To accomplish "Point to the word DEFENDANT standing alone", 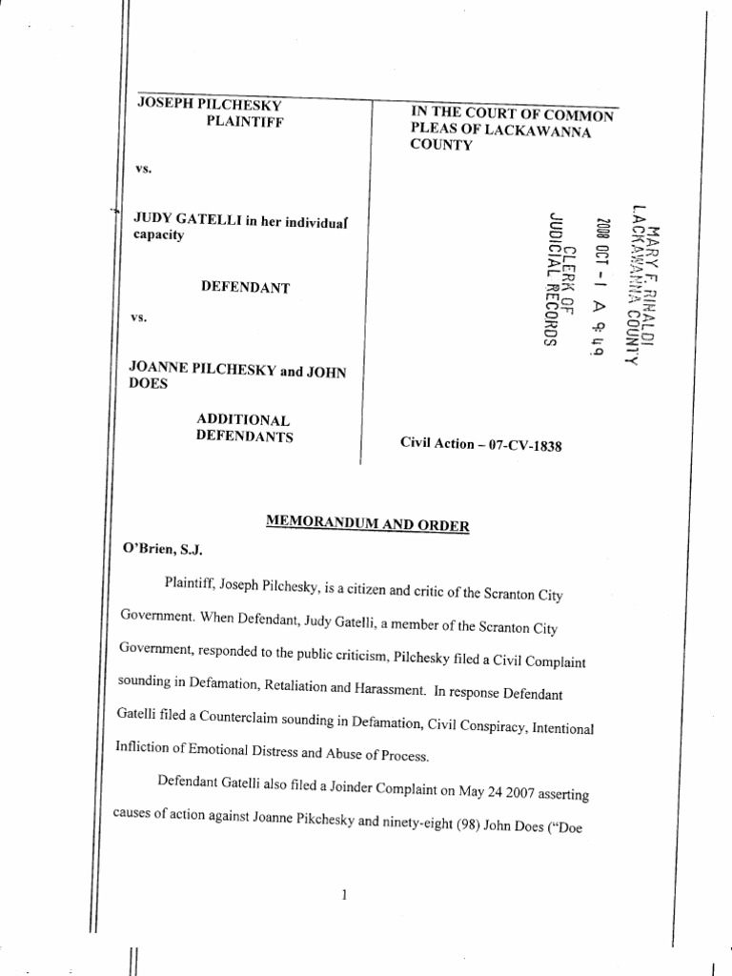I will pos(245,287).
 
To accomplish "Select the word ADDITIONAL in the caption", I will pos(243,419).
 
